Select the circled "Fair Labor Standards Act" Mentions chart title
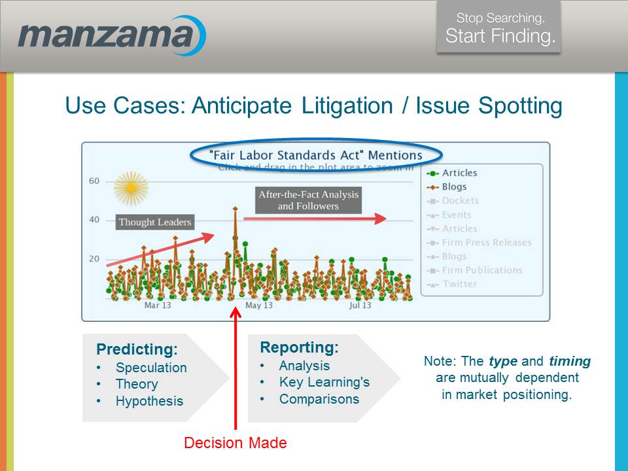coord(316,156)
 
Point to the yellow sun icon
coord(131,188)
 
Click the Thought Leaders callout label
coord(155,222)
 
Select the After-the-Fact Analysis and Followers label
coord(308,200)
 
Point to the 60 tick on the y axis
coord(94,181)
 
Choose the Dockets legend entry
coord(460,201)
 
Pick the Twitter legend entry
coord(459,284)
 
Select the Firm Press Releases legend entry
coord(487,243)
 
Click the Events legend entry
coord(456,215)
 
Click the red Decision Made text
coord(235,443)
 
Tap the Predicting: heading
coord(137,349)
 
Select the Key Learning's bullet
coord(324,383)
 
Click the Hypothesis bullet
coord(149,401)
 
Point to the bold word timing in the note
coord(570,361)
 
